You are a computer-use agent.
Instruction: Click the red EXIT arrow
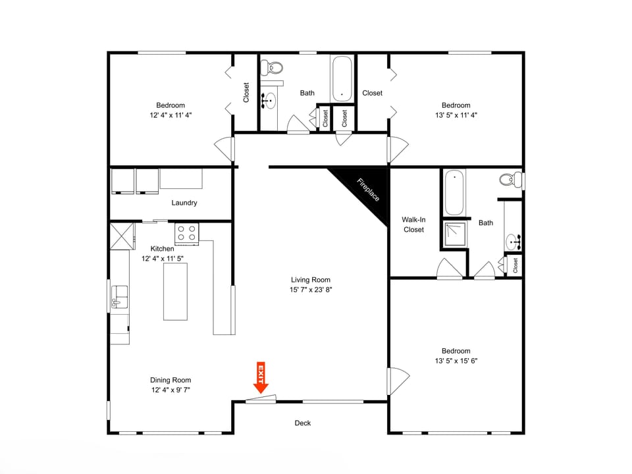[261, 378]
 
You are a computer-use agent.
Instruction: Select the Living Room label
[311, 280]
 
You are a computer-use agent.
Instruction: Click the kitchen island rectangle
[176, 291]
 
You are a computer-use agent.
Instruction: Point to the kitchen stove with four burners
[186, 233]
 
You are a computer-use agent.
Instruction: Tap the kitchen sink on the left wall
[119, 298]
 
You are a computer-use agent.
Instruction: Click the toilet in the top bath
[272, 66]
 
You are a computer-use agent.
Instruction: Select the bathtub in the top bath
[342, 78]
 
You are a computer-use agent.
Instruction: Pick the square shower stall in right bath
[454, 233]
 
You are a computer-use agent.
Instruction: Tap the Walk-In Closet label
[413, 224]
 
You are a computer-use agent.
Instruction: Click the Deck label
[303, 423]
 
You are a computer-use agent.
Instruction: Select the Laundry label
[184, 203]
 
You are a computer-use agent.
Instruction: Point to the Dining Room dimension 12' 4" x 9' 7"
[171, 390]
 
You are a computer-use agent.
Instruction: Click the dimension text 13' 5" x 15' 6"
[456, 361]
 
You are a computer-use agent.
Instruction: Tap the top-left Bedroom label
[171, 105]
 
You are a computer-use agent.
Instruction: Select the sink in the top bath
[269, 101]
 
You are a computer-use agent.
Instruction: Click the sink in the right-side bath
[513, 242]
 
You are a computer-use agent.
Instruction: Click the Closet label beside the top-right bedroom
[372, 93]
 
